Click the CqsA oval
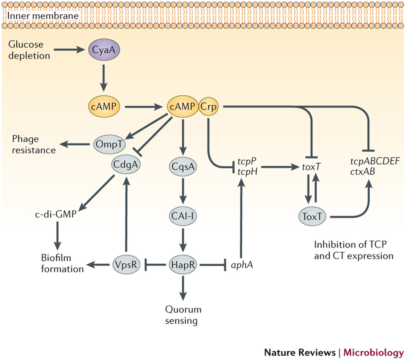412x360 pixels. (182, 167)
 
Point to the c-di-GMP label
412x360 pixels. (55, 215)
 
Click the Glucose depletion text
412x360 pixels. (28, 50)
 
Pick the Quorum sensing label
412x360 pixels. (182, 315)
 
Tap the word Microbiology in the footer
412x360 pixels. (374, 352)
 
